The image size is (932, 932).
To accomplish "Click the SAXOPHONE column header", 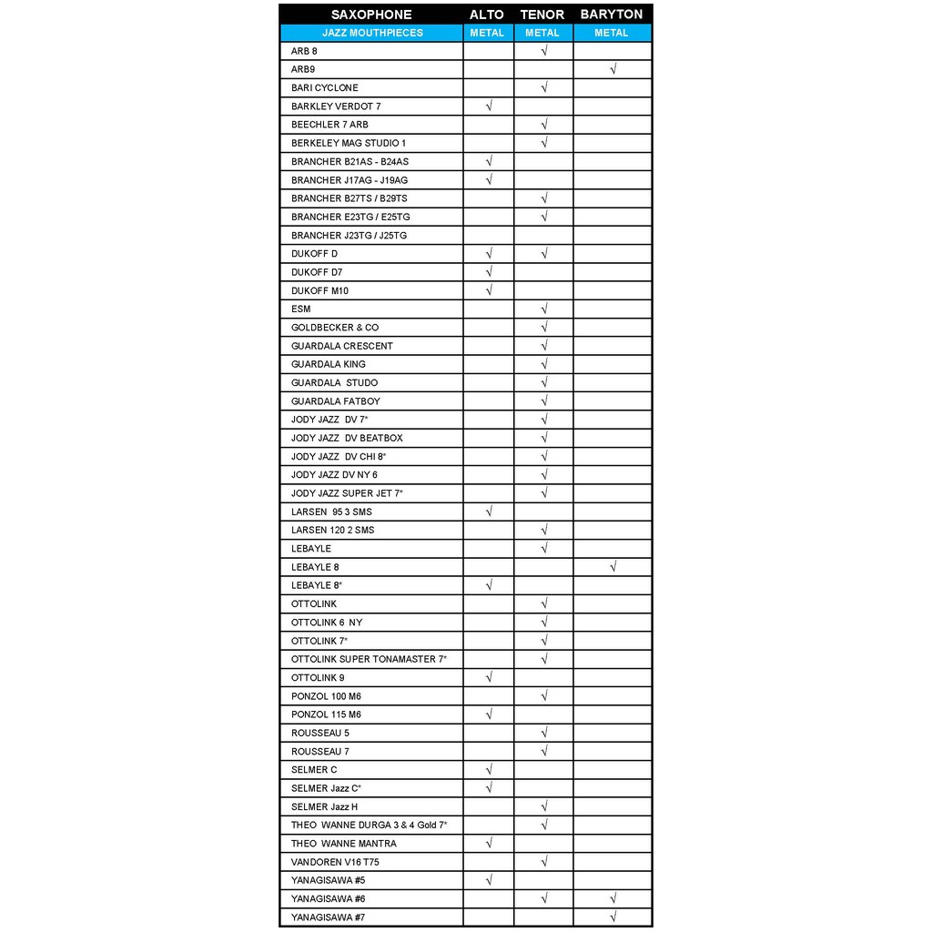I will (371, 15).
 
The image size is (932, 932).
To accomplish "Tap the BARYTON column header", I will (612, 15).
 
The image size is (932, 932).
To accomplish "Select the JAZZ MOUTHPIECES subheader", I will (372, 33).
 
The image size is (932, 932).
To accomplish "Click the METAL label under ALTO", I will (487, 33).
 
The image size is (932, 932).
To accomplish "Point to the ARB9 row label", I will (303, 69).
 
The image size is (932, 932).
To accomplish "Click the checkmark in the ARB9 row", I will (613, 69).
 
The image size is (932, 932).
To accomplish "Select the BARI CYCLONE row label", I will (325, 87).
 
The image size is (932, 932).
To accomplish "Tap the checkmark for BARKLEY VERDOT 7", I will (490, 106).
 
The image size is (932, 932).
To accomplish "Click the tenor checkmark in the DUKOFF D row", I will (544, 254).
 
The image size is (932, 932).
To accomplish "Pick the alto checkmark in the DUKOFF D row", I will (490, 254).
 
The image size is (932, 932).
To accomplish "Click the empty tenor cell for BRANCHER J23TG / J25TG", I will (543, 236).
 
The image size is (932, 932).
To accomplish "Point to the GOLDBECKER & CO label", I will (335, 328).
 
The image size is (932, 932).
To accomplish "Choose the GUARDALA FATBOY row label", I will (336, 401).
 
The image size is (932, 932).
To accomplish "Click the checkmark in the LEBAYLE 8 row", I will (613, 567).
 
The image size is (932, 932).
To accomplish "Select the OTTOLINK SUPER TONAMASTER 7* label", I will (369, 659).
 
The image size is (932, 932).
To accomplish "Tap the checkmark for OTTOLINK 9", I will (490, 678).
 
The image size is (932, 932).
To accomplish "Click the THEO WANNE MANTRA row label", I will (344, 844).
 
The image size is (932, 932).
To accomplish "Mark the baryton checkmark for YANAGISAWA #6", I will (613, 898).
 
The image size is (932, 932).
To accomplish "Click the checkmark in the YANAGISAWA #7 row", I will (613, 917).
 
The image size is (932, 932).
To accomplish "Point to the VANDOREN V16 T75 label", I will (336, 862).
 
